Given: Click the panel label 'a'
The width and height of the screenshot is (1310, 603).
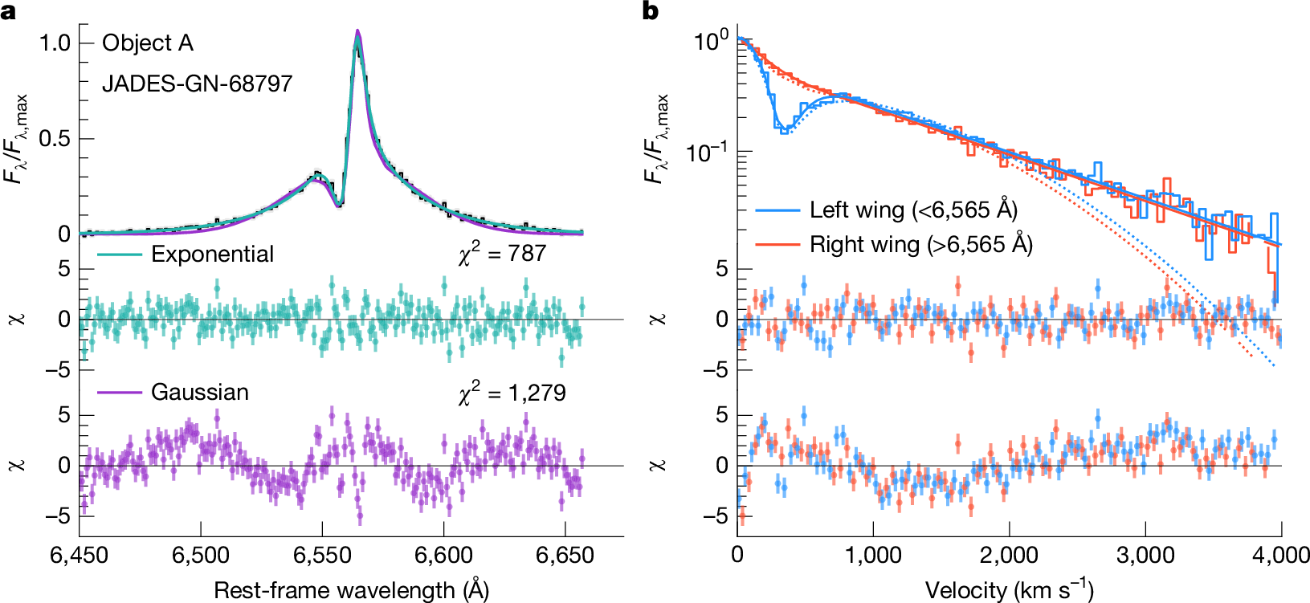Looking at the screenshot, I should click(x=9, y=11).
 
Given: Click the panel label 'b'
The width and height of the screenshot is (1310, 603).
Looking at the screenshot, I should click(x=651, y=11).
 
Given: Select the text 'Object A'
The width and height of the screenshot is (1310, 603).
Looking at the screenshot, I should click(x=148, y=43).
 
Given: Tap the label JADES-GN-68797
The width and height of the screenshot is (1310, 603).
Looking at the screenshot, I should click(x=197, y=84).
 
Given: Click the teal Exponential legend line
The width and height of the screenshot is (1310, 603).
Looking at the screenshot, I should click(x=120, y=255).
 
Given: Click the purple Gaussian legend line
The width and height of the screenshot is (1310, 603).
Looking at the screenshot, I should click(x=120, y=393).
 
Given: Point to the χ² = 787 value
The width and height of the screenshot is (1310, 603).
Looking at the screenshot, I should click(x=502, y=254).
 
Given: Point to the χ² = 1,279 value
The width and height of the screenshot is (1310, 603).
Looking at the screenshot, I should click(x=512, y=393).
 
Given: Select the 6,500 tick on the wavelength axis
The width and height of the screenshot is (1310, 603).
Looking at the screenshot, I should click(x=201, y=556).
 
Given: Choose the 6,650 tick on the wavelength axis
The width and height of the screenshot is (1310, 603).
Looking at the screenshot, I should click(x=565, y=556).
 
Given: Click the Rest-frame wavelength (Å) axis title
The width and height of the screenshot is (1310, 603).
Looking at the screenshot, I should click(x=351, y=590).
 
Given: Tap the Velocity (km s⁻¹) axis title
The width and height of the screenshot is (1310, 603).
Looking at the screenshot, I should click(x=1009, y=590).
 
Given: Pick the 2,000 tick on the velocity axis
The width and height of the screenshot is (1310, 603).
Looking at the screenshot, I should click(x=1009, y=556).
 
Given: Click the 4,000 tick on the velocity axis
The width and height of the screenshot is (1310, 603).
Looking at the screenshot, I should click(x=1280, y=556).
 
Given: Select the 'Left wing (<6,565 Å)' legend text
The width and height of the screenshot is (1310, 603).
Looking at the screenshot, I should click(x=913, y=210).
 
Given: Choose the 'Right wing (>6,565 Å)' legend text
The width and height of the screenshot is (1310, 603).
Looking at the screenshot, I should click(x=920, y=244).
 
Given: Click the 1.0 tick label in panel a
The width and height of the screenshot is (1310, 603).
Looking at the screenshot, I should click(x=55, y=43).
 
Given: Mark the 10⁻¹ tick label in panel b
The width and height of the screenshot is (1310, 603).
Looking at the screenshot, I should click(x=706, y=151).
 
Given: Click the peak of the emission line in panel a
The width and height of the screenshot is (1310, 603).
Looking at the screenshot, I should click(x=357, y=32).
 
